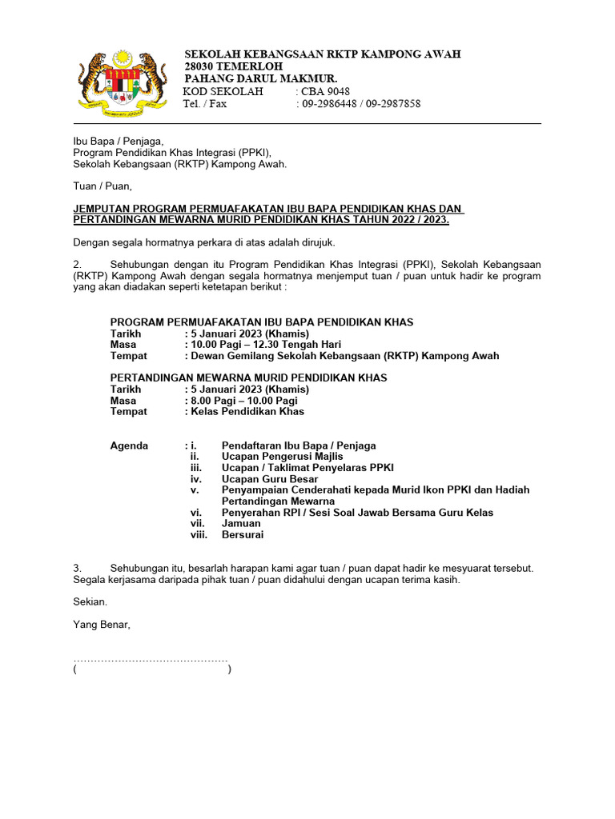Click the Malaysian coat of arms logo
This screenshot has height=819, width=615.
pos(123,81)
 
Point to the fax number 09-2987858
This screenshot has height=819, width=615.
pos(393,104)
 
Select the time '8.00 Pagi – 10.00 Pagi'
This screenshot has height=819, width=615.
pos(243,401)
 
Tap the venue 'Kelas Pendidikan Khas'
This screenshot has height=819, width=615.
pos(247,412)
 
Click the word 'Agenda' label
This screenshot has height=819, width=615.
pos(129,445)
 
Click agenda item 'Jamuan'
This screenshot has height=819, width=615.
pos(241,523)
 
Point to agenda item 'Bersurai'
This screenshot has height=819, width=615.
pos(243,534)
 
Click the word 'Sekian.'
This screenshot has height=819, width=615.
pos(90,601)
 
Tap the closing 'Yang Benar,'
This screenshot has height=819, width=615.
pos(102,625)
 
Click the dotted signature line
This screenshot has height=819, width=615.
pos(151,660)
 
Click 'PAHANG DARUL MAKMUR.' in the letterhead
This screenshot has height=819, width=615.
pos(261,78)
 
